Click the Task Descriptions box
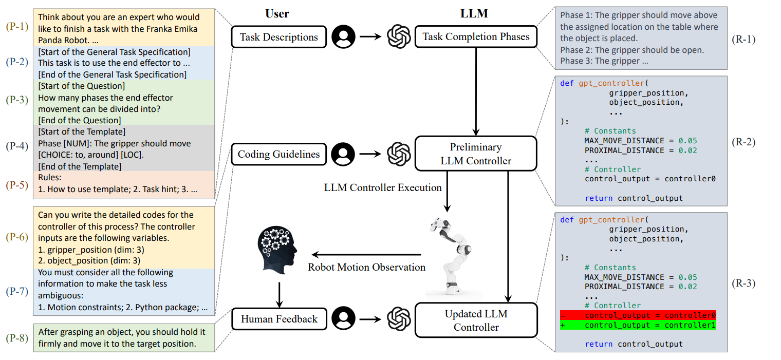pyautogui.click(x=279, y=37)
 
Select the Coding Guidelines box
pyautogui.click(x=279, y=154)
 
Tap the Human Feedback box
pyautogui.click(x=279, y=319)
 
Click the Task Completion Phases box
pyautogui.click(x=476, y=37)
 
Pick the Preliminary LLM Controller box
pyautogui.click(x=476, y=154)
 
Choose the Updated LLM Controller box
pyautogui.click(x=476, y=320)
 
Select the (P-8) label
pyautogui.click(x=17, y=338)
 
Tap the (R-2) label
pyautogui.click(x=743, y=142)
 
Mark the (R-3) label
pyautogui.click(x=743, y=282)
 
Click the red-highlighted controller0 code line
pyautogui.click(x=642, y=315)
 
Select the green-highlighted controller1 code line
pyautogui.click(x=642, y=325)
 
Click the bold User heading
pyautogui.click(x=277, y=14)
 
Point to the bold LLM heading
pyautogui.click(x=473, y=14)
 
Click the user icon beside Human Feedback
pyautogui.click(x=343, y=319)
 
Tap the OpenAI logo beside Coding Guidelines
pyautogui.click(x=398, y=154)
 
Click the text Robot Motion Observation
pyautogui.click(x=366, y=267)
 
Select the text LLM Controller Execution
pyautogui.click(x=383, y=187)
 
